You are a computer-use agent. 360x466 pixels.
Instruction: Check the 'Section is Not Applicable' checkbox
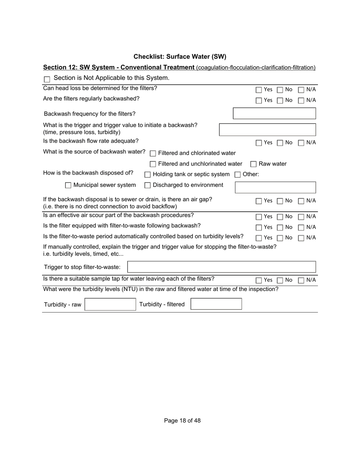click(x=47, y=79)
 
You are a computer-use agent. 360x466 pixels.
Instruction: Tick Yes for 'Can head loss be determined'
click(x=259, y=90)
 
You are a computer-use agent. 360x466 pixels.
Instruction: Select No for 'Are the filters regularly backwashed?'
click(x=280, y=100)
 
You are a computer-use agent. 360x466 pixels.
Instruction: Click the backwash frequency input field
click(x=274, y=114)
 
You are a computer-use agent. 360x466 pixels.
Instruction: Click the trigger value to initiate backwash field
click(x=268, y=130)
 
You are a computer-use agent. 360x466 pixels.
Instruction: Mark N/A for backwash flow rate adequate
click(x=301, y=143)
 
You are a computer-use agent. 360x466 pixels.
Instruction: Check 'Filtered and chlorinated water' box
click(x=153, y=153)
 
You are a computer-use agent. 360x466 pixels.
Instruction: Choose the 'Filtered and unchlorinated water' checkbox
click(x=153, y=164)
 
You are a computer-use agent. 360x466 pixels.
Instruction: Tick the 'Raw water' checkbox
click(x=254, y=164)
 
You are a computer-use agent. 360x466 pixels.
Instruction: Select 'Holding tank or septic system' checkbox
click(x=148, y=175)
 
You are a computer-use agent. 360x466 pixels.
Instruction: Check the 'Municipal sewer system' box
click(x=68, y=185)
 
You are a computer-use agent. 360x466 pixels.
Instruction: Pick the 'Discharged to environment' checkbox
click(x=148, y=185)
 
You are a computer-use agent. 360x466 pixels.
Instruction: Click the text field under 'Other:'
click(x=275, y=188)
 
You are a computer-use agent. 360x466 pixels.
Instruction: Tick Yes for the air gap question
click(x=259, y=201)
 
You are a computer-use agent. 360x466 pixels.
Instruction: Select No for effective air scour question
click(x=280, y=217)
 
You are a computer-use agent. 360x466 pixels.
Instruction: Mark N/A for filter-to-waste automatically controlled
click(x=301, y=238)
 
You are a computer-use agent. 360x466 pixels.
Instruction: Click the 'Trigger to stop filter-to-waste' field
click(x=222, y=267)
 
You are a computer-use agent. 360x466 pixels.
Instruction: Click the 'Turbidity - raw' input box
click(x=110, y=305)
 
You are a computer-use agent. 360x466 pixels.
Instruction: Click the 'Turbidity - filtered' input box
click(x=216, y=304)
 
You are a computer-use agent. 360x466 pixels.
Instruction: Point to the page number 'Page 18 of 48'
click(x=182, y=421)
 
